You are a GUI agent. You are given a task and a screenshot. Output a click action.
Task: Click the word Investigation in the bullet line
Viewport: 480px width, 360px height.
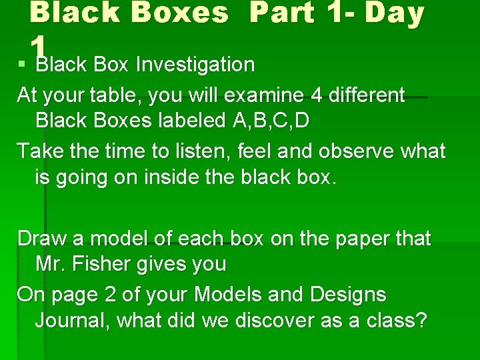195,65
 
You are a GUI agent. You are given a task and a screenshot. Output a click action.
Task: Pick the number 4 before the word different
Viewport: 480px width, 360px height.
316,95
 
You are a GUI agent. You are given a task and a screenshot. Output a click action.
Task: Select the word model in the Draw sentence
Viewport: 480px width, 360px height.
121,238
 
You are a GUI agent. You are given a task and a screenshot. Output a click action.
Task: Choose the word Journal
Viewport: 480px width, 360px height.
73,321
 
